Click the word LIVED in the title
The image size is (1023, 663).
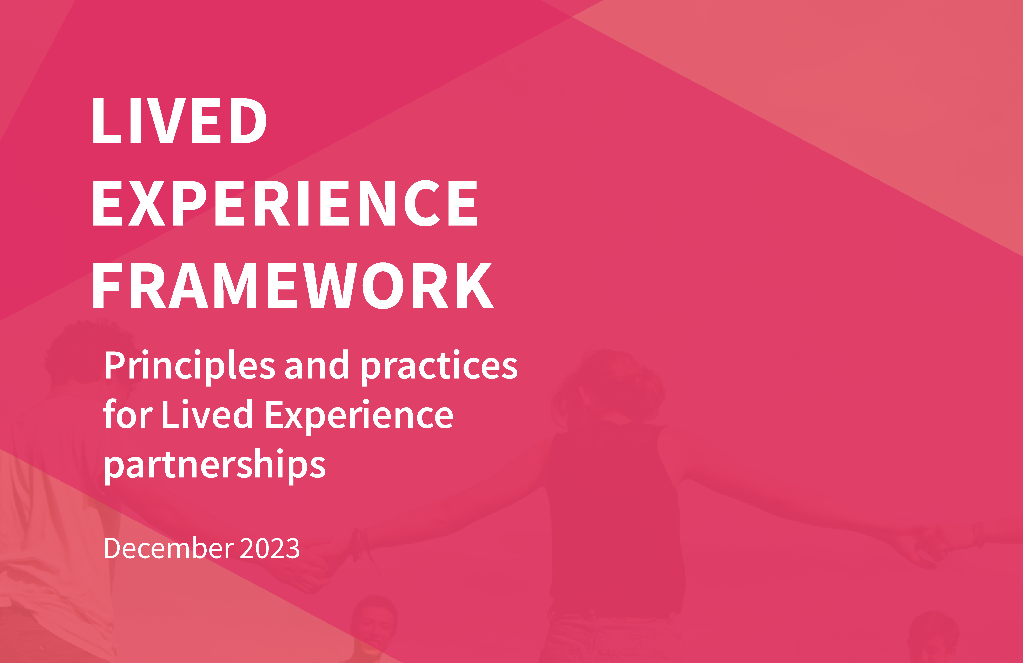[179, 121]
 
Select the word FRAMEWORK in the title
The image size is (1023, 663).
[293, 286]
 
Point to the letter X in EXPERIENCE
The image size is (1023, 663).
[147, 203]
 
